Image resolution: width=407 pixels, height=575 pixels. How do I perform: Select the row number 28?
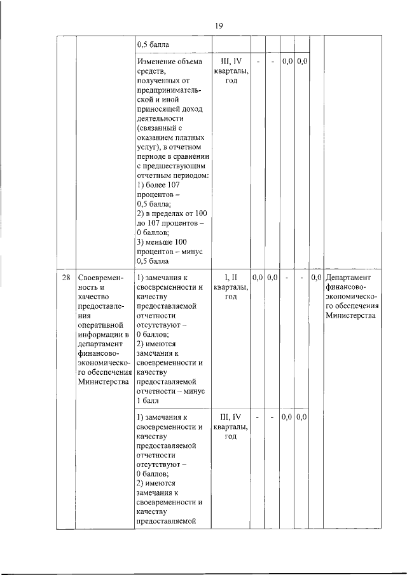point(66,278)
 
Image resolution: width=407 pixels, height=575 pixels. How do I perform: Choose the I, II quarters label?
point(230,278)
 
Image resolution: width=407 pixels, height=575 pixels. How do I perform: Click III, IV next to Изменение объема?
point(230,62)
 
